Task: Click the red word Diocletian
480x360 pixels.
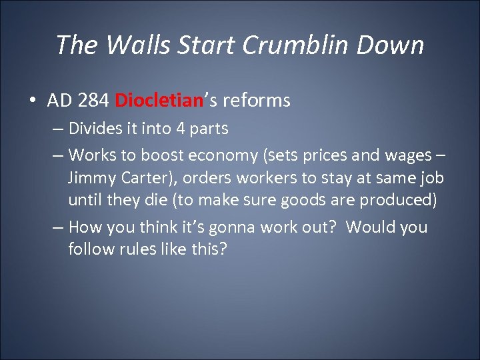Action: pos(159,101)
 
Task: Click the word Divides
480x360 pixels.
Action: pos(93,129)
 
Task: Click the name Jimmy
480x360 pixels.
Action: pos(90,179)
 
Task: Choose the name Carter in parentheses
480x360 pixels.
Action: pos(140,179)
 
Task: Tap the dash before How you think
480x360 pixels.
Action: pos(58,227)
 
